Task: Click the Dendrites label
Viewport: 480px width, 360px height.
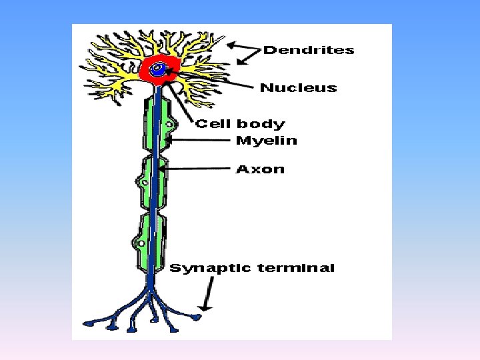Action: pyautogui.click(x=309, y=50)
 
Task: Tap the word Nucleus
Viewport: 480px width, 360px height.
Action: pyautogui.click(x=298, y=88)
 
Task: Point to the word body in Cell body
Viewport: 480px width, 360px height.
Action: pyautogui.click(x=261, y=124)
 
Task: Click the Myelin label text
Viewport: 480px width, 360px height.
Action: pyautogui.click(x=267, y=140)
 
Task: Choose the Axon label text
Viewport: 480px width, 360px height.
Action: pyautogui.click(x=260, y=169)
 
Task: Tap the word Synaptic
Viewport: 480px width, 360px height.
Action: pyautogui.click(x=210, y=269)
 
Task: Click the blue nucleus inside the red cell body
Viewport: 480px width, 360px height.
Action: pyautogui.click(x=159, y=69)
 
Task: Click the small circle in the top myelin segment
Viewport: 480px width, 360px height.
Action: pyautogui.click(x=171, y=124)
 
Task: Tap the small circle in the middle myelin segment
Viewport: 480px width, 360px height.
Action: pyautogui.click(x=143, y=181)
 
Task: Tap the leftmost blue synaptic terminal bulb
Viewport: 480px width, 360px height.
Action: pyautogui.click(x=89, y=323)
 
